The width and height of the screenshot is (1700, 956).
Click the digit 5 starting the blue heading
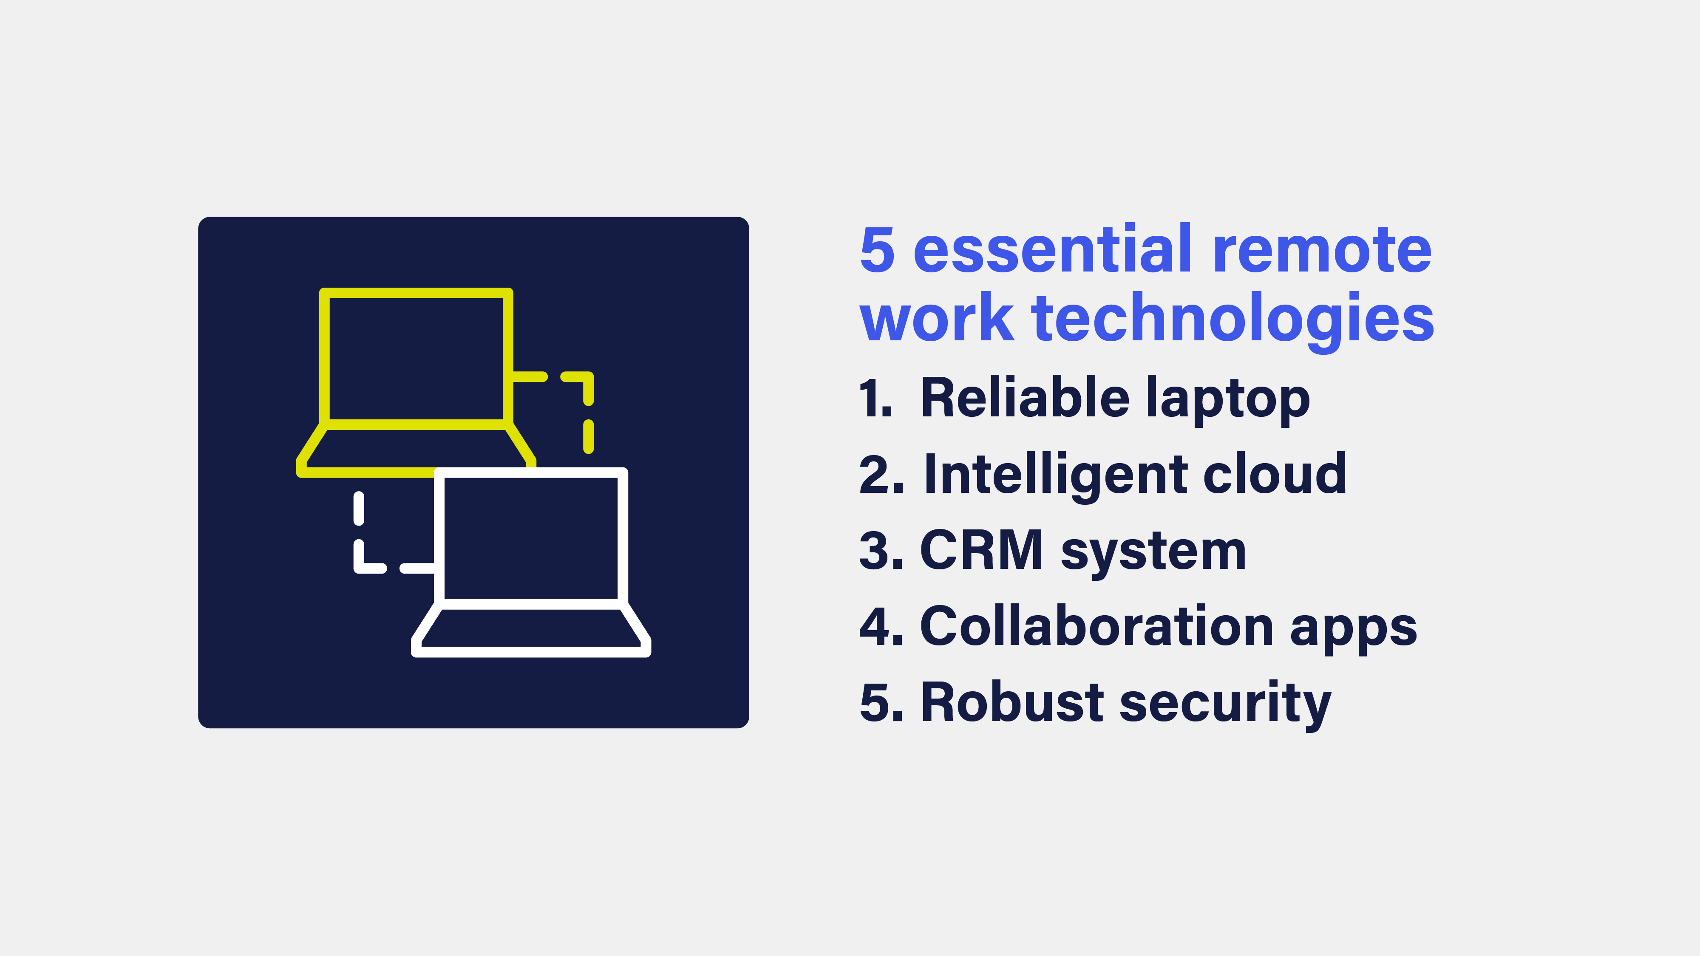pos(877,251)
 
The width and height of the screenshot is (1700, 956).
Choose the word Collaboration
pos(1096,626)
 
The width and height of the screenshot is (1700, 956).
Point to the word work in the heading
pos(936,320)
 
